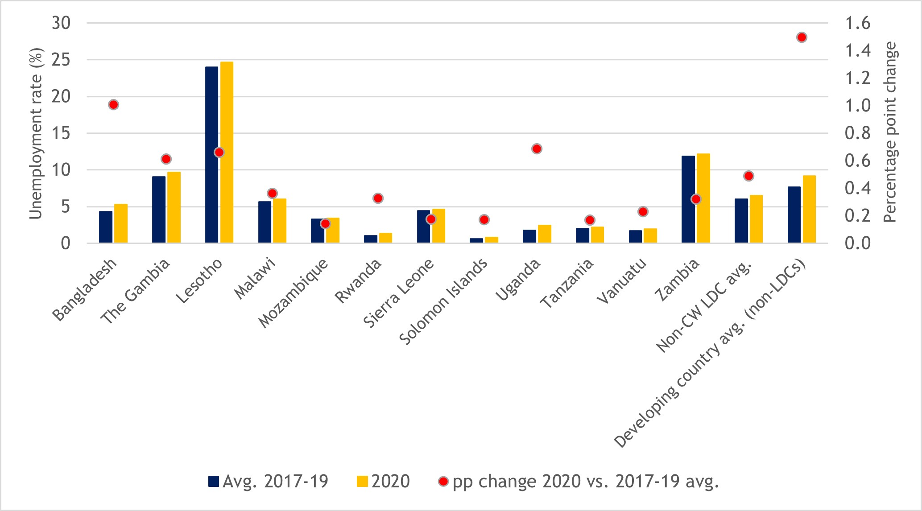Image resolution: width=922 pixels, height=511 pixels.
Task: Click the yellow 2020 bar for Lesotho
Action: tap(227, 152)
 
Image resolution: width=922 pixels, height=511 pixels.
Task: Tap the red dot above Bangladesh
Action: tap(113, 105)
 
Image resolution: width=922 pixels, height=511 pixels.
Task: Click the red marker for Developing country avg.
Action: tap(802, 37)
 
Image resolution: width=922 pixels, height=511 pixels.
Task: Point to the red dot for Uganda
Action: tap(537, 149)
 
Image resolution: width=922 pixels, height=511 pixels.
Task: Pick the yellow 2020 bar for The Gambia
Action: tap(174, 207)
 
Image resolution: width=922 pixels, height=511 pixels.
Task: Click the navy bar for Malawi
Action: tap(265, 222)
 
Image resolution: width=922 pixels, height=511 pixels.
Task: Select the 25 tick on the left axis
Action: tap(61, 60)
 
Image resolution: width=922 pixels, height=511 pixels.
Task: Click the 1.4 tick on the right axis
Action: tap(857, 51)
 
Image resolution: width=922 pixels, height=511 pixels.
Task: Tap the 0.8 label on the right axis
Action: tap(857, 133)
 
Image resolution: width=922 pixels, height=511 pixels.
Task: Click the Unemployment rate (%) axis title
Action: tap(36, 134)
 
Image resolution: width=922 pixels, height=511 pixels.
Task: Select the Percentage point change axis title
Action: tap(889, 132)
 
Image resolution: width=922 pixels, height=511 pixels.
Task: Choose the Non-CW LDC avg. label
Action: tap(705, 308)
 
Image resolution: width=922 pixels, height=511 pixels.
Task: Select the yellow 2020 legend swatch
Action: tap(363, 482)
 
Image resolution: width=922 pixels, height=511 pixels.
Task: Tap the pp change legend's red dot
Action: tap(443, 482)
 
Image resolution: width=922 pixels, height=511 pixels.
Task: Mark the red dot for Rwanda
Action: tap(378, 198)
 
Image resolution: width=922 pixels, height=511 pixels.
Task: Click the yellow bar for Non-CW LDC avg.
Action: tap(756, 219)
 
